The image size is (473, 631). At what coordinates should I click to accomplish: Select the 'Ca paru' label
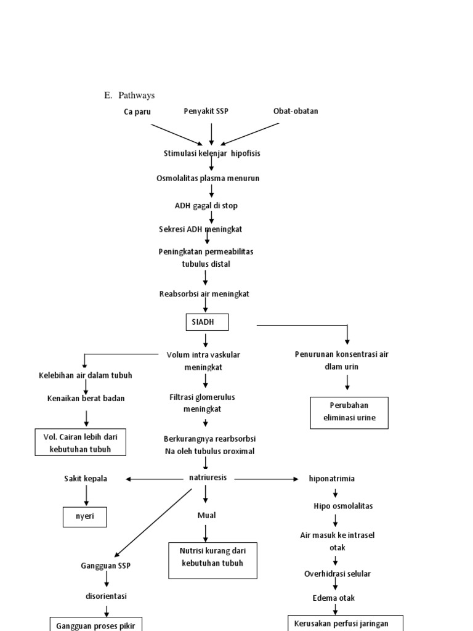[137, 112]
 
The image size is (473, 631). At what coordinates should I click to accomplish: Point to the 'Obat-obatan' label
[296, 111]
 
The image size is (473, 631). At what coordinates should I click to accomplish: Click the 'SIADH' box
[207, 322]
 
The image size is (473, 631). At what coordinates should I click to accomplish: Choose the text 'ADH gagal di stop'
[206, 206]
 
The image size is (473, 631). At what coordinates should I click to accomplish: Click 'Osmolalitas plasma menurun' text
[208, 178]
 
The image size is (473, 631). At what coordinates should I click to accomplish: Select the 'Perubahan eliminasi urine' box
[349, 413]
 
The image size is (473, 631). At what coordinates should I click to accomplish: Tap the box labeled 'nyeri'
[85, 517]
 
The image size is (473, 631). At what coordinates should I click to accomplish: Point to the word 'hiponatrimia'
[332, 479]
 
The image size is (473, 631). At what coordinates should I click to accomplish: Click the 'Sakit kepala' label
[86, 479]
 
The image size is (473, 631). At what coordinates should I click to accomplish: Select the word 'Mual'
[206, 515]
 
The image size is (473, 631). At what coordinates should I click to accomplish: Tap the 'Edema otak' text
[333, 598]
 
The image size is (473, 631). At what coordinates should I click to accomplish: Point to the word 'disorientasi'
[107, 596]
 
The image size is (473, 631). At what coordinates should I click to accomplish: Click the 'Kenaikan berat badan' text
[86, 398]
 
